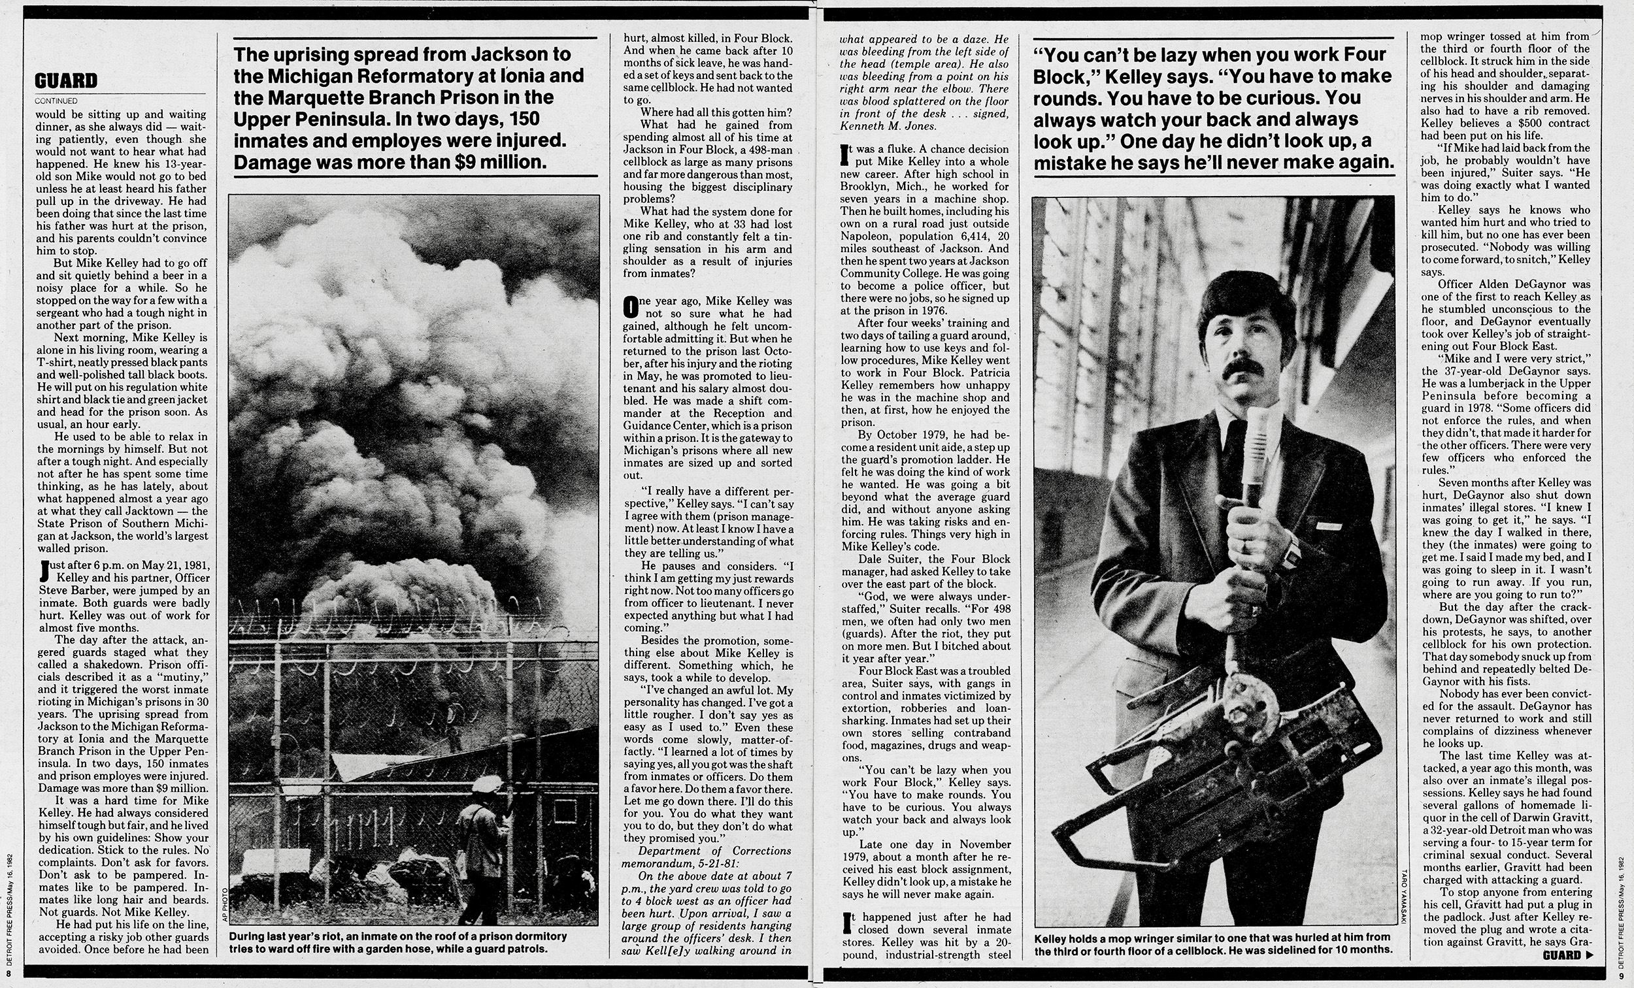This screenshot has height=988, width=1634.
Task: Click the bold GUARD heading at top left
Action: [66, 81]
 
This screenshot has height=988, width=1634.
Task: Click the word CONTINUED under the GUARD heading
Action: [56, 101]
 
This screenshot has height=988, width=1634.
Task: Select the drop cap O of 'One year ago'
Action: [630, 306]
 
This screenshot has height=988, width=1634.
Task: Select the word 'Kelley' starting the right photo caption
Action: [1052, 938]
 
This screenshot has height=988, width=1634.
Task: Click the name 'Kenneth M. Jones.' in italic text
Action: [879, 126]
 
